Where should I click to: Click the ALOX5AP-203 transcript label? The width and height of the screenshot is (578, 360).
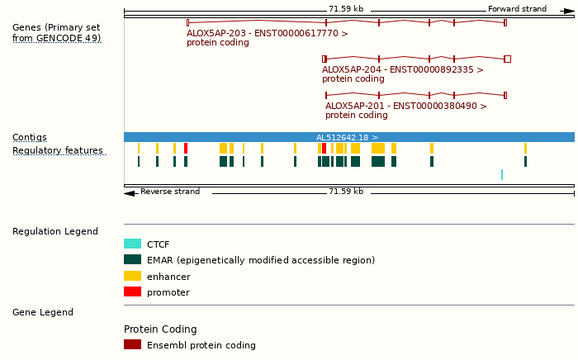pos(268,34)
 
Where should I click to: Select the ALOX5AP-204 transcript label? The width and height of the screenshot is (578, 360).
pos(403,70)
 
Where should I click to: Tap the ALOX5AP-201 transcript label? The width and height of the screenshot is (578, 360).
pos(406,107)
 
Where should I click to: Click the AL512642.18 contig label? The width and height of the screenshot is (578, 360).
pos(347,138)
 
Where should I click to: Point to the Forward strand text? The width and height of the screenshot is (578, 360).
pos(517,9)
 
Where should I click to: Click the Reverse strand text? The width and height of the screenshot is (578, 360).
pos(170,192)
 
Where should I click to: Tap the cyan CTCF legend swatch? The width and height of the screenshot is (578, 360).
pos(132,244)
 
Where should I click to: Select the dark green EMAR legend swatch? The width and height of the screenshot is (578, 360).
pos(132,260)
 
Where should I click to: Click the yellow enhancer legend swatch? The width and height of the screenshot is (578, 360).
pos(132,276)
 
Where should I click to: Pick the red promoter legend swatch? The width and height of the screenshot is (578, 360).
pos(132,291)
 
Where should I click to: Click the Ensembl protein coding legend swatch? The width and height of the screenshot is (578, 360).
pos(132,344)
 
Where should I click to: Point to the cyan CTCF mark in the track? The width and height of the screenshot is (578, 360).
pos(501,174)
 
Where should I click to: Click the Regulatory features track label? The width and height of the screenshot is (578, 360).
pos(58,151)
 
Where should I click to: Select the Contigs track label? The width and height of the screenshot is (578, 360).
pos(30,138)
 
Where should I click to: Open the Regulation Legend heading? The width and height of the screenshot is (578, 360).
pos(55,232)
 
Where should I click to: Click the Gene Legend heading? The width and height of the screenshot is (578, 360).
pos(43,313)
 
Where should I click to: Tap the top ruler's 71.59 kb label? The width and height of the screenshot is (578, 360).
pos(345,9)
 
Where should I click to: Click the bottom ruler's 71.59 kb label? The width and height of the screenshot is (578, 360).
pos(345,192)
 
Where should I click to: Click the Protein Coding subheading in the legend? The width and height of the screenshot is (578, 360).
pos(160,329)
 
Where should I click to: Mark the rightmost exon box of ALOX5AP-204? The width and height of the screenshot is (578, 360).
pos(507,59)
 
